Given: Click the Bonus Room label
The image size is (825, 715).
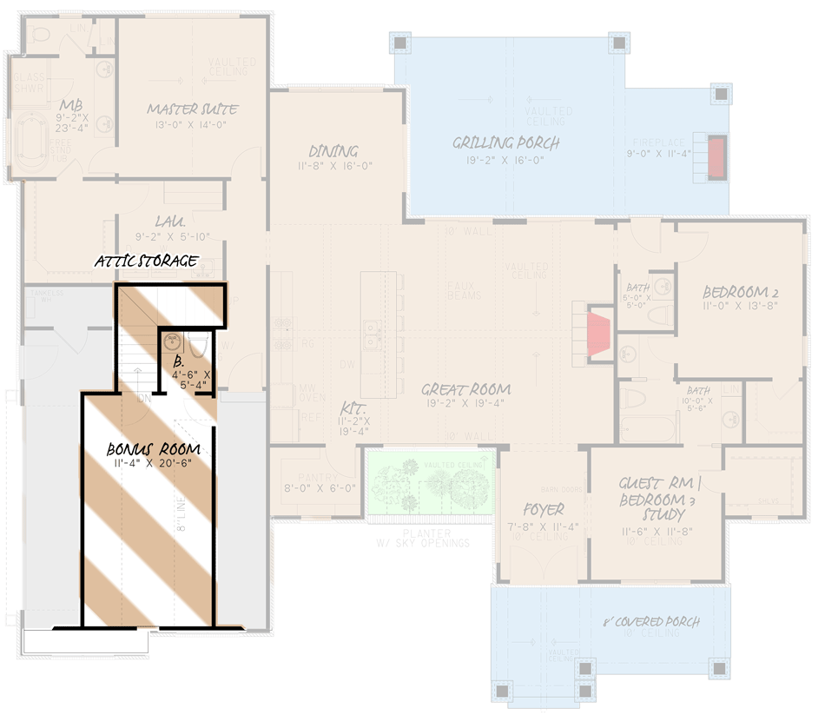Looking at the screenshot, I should pyautogui.click(x=154, y=449).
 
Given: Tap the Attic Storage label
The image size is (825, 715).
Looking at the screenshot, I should pyautogui.click(x=146, y=261).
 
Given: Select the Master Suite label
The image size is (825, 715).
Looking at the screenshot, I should pyautogui.click(x=192, y=109).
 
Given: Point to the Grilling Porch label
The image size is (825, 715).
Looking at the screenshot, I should pyautogui.click(x=506, y=142).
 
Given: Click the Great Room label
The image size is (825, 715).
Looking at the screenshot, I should pyautogui.click(x=466, y=389).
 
